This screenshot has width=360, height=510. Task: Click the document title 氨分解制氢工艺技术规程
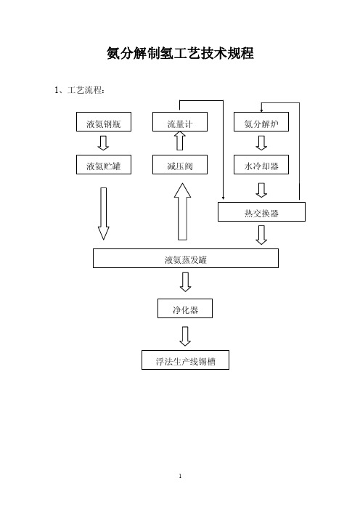coord(180,53)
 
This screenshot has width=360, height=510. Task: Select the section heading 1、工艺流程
coord(79,90)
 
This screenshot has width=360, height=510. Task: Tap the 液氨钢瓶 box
coord(104,122)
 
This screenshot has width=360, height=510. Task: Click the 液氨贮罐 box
coord(104,165)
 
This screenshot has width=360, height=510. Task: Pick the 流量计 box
coord(180,122)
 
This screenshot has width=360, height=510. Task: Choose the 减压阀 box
coord(180,165)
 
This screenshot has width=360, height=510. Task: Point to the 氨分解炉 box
coord(261,122)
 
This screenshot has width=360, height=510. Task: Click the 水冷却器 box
coord(261,165)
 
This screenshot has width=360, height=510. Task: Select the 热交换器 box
coord(261,211)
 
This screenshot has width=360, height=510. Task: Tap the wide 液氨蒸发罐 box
coord(186,258)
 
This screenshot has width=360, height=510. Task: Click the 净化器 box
coord(185,308)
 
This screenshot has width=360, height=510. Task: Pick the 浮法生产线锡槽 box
coord(185,360)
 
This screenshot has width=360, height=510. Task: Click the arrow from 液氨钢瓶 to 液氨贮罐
coord(103,143)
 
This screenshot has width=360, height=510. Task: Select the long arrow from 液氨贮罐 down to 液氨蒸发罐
coord(103,214)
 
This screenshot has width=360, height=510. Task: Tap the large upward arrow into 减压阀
coord(183,211)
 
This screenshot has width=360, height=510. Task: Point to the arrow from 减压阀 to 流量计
coord(180,140)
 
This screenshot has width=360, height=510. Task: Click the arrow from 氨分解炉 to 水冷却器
coord(261,143)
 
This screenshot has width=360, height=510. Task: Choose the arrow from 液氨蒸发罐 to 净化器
coord(185,282)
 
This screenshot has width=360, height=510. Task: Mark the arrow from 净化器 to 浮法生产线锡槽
coord(185,336)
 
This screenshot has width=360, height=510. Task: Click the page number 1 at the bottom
coord(180,476)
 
